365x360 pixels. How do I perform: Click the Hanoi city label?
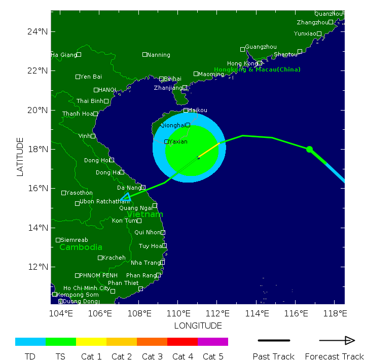[x=107, y=90]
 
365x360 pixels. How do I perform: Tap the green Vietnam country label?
[x=145, y=214]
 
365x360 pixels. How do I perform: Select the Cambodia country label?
[x=81, y=247]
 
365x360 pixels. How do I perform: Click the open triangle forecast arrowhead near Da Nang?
[x=126, y=197]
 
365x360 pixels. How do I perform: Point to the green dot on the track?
[x=309, y=149]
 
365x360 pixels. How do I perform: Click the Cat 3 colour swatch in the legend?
[x=152, y=342]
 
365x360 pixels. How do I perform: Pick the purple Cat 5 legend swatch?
[x=213, y=342]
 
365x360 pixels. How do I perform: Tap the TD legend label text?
[x=30, y=356]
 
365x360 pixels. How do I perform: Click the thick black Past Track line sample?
[x=274, y=340]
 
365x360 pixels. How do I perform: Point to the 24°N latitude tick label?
[x=38, y=31]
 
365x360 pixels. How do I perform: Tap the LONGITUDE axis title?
[x=198, y=326]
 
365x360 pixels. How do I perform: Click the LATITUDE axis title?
[x=20, y=157]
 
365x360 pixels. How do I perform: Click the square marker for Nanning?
[x=144, y=54]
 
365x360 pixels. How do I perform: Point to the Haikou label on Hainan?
[x=197, y=110]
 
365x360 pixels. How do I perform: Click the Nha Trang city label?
[x=144, y=263]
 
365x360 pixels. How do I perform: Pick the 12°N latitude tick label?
[x=38, y=267]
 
